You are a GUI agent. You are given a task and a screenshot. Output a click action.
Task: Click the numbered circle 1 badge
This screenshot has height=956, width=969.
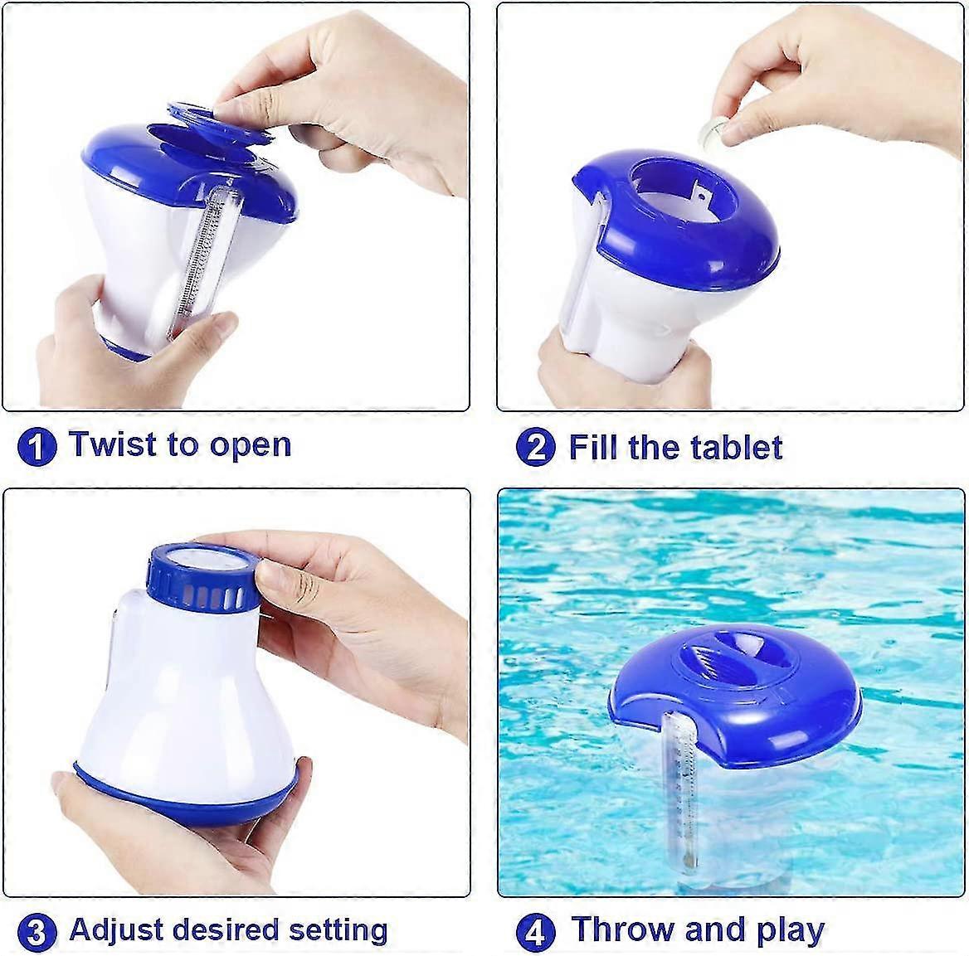[x=37, y=447]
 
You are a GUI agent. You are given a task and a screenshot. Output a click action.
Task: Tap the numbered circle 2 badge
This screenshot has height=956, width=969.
[x=535, y=448]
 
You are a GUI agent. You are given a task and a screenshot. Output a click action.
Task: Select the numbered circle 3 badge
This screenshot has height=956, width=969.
[x=37, y=932]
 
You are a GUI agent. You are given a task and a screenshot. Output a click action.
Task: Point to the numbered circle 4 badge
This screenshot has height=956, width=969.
[x=535, y=932]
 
